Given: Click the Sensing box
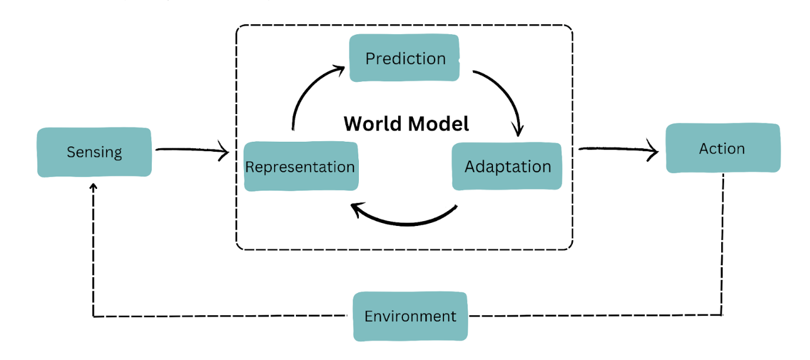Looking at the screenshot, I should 94,152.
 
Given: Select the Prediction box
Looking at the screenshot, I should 405,58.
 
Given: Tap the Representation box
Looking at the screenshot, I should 300,166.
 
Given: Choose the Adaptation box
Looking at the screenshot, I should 508,166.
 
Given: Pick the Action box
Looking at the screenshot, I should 722,148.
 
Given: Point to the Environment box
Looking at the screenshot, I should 410,316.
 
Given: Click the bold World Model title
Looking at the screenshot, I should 406,124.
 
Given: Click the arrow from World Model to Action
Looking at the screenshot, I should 618,151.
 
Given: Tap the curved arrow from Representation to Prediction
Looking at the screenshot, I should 306,94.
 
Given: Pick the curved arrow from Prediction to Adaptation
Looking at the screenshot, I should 506,94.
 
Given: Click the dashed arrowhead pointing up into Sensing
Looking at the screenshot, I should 93,187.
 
